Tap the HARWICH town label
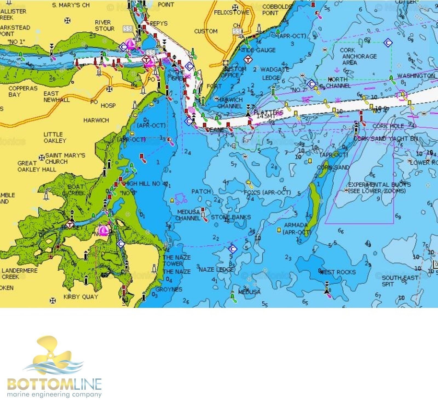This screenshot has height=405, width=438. [96, 120]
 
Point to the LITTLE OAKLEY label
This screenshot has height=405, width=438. [55, 137]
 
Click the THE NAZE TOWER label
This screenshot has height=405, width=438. [177, 260]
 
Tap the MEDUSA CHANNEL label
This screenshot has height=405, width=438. [188, 215]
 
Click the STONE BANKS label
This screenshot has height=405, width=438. [230, 217]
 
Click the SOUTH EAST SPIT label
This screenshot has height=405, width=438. [400, 281]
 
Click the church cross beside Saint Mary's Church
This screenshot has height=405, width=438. [42, 157]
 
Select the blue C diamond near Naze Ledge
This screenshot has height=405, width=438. [232, 249]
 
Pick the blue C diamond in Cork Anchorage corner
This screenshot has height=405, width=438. [388, 43]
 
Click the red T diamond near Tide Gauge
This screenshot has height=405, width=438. [248, 59]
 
